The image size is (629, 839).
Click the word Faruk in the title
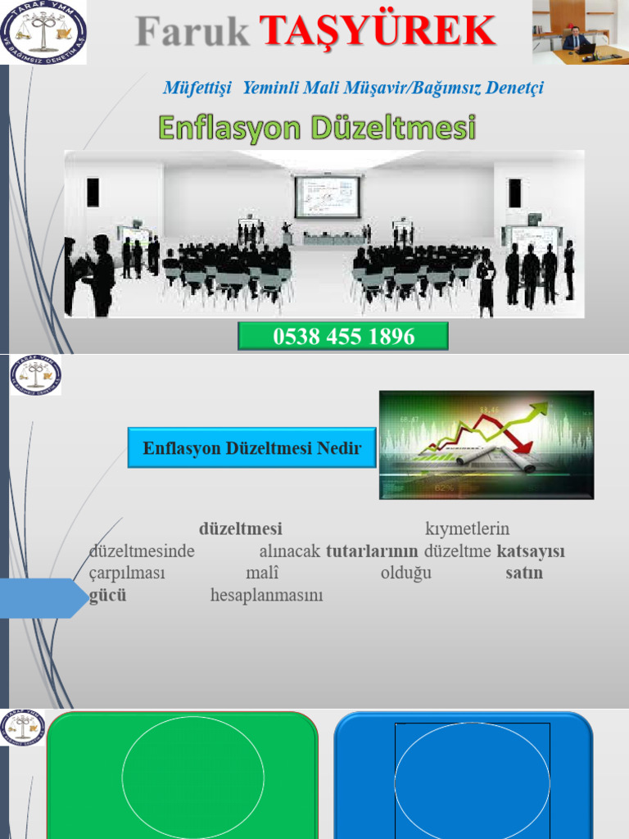(193, 32)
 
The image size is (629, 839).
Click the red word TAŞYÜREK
(378, 32)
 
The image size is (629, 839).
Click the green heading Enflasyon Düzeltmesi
(316, 128)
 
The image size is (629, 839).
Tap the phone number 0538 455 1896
(343, 336)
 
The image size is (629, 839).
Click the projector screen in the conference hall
(327, 197)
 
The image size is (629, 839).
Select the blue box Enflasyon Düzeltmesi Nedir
(251, 448)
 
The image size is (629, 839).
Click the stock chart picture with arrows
(486, 445)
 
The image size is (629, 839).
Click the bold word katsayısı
(531, 551)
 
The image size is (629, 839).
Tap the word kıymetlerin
(467, 529)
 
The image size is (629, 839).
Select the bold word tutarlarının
(372, 551)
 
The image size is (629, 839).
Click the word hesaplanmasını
(266, 596)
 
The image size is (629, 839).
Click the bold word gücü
(107, 596)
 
